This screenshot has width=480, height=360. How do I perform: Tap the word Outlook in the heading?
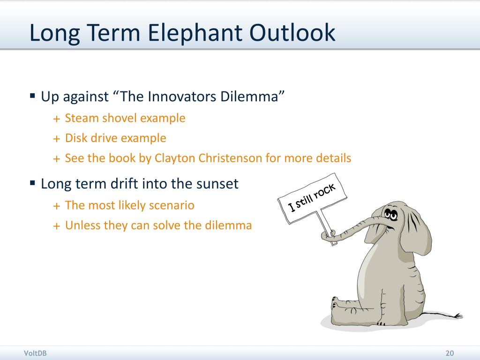tap(292, 32)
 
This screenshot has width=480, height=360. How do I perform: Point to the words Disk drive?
tap(89, 138)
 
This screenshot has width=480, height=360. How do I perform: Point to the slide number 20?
tap(450, 353)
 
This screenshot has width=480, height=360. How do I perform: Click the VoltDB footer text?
tap(35, 353)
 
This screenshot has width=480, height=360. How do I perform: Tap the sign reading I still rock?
tap(312, 198)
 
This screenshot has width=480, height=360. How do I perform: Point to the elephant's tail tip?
tap(459, 315)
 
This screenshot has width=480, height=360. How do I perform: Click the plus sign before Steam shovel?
tap(57, 119)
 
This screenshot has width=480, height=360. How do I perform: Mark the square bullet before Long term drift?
tap(32, 183)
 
